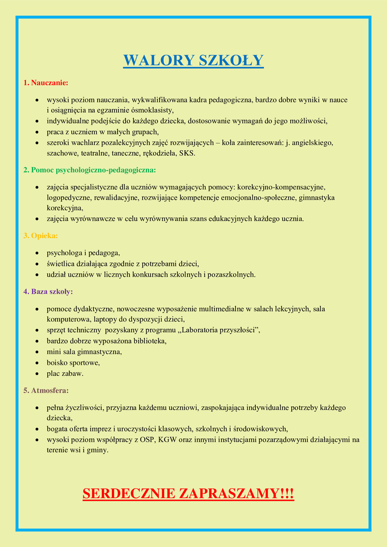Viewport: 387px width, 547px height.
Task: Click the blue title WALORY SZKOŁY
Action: coord(193,60)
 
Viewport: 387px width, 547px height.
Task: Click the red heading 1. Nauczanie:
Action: coord(46,82)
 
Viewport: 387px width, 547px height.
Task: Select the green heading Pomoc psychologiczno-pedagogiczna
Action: coord(90,170)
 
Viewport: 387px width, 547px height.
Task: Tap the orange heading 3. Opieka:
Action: coord(41,236)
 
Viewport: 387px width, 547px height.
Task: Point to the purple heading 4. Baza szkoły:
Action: coord(48,291)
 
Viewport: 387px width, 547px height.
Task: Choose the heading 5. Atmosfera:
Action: coord(46,390)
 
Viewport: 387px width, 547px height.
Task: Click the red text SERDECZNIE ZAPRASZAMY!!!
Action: coord(188,494)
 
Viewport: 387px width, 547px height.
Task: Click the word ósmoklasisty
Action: coord(151,110)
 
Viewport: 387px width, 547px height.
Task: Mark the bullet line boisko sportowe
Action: coord(73,363)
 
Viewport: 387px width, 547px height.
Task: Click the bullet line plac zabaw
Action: coord(65,373)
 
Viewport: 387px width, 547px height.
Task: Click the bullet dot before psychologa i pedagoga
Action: coord(37,253)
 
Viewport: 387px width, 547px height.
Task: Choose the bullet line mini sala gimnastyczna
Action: coord(84,351)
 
